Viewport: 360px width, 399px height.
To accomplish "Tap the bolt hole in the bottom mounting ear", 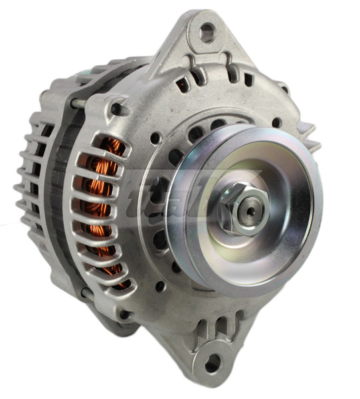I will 212,364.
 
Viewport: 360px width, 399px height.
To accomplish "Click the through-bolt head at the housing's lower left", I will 124,313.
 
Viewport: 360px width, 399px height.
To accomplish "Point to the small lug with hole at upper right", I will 284,87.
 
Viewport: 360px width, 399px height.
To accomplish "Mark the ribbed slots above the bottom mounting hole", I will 209,330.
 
